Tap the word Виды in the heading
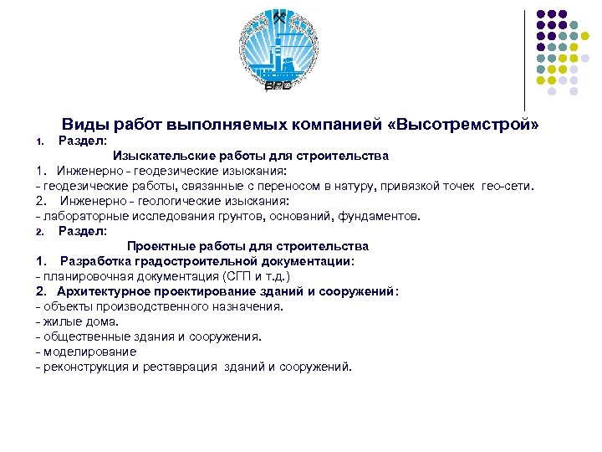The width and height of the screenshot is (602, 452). [82, 125]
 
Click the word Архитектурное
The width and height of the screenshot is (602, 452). [104, 291]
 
